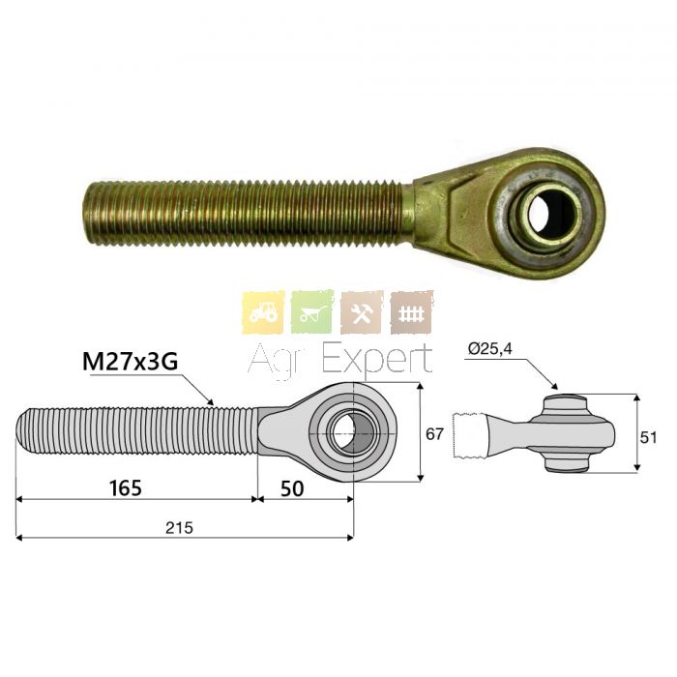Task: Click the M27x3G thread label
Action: [130, 361]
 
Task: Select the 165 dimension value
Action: [125, 487]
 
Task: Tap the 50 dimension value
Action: [292, 488]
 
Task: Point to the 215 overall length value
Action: [179, 528]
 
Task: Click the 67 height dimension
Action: [434, 433]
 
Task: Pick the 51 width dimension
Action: [648, 437]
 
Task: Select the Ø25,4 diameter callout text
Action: [490, 348]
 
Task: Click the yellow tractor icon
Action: [263, 312]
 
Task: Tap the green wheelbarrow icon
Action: [312, 312]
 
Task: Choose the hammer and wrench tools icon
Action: [362, 312]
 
